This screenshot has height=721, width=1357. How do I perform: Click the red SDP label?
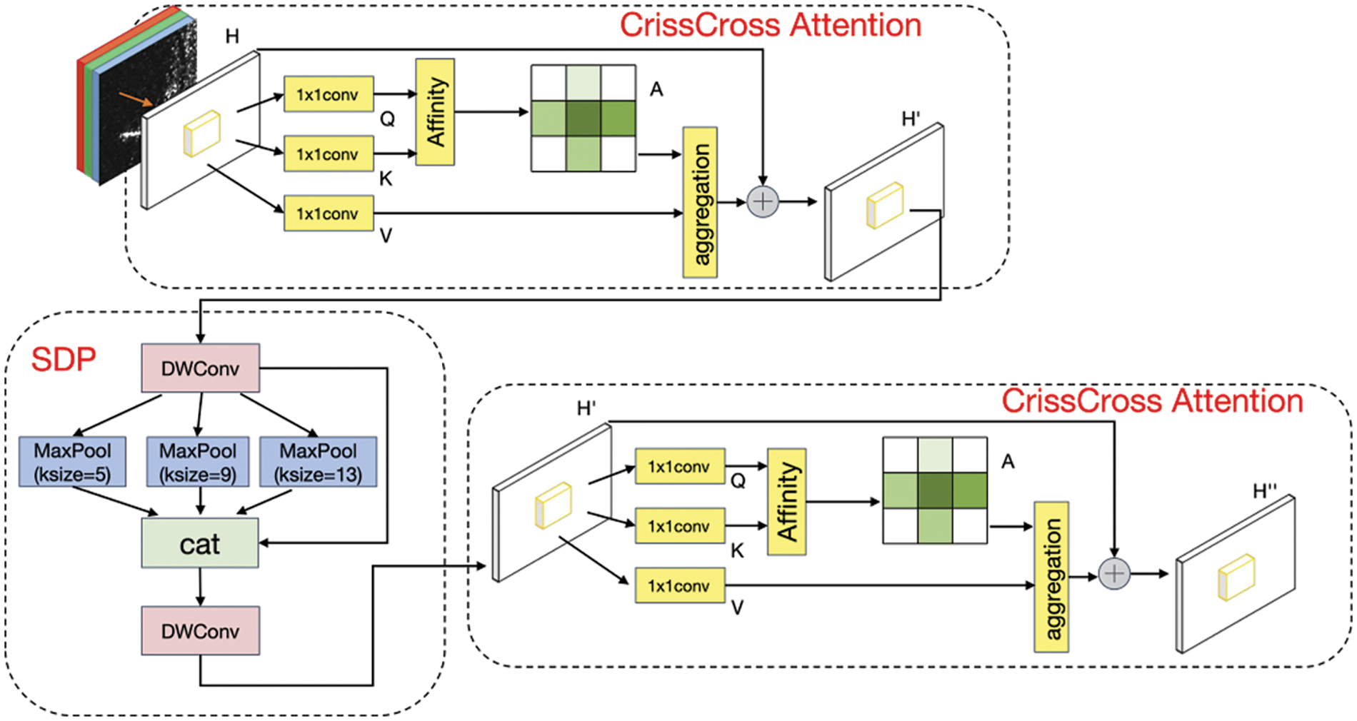(x=63, y=359)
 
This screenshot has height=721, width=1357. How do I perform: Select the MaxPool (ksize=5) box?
(x=72, y=462)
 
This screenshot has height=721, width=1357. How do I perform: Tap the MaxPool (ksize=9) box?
(x=198, y=462)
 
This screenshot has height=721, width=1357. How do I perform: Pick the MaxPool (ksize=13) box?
(x=319, y=462)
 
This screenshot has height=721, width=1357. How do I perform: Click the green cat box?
(x=200, y=543)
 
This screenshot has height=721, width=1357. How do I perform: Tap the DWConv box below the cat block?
(x=200, y=631)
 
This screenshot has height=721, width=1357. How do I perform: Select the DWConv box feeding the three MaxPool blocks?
(x=200, y=368)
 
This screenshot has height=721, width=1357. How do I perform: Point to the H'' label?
(x=1264, y=491)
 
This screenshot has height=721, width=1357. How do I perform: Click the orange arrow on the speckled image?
(x=135, y=98)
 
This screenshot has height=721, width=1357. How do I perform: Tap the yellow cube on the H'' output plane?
(x=1236, y=577)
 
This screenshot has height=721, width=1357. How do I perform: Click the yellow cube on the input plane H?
(x=202, y=133)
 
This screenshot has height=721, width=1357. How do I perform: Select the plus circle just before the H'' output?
(x=1114, y=573)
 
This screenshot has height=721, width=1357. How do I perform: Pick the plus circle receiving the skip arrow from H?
(x=763, y=201)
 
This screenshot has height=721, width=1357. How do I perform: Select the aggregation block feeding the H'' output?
(x=1051, y=577)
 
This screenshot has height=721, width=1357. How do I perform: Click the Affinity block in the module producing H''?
(x=786, y=502)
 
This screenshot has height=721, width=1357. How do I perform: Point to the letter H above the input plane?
(x=232, y=36)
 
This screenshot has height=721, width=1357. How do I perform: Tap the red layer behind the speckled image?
(x=81, y=114)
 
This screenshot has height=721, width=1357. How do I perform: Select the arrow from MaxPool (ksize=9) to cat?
(x=200, y=502)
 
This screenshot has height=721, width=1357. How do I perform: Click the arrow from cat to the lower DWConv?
(x=200, y=587)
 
